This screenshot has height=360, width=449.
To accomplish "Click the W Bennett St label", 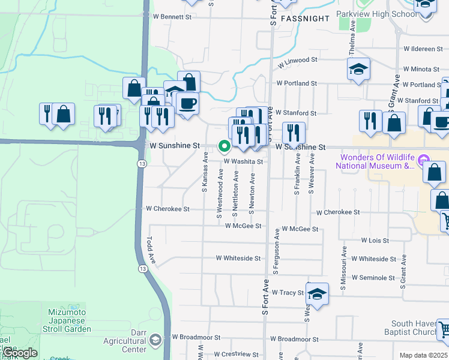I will coord(172,17).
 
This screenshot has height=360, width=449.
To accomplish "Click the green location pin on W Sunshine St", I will coord(224,146).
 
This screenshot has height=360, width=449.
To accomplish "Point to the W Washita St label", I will coord(244,161).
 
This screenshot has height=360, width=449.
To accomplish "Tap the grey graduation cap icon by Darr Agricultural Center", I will coord(156,340).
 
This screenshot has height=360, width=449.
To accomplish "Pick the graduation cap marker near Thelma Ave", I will coord(358,69).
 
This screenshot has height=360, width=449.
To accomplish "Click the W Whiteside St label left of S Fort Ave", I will coord(238,259).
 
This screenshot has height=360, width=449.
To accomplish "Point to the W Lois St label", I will coord(375,240).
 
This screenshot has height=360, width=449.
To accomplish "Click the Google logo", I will coord(20,353).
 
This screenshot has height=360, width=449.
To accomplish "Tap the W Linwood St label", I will coord(297,61).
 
